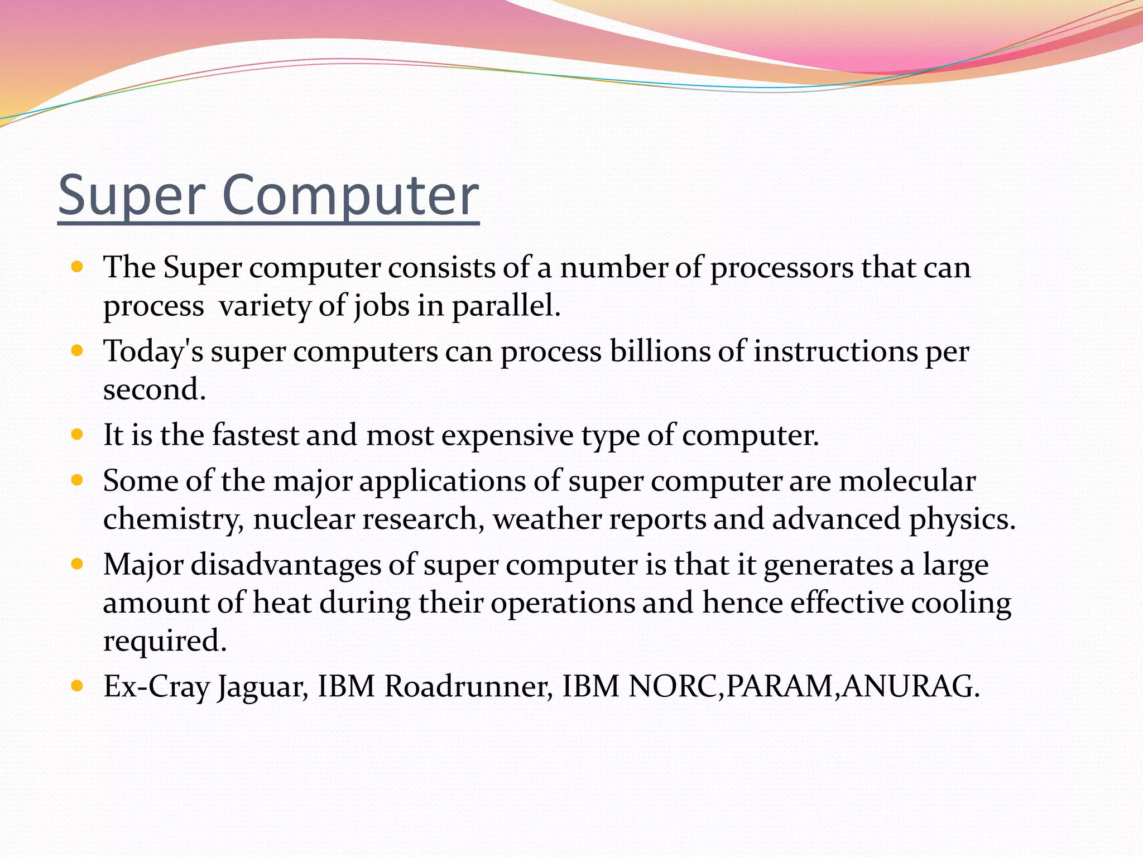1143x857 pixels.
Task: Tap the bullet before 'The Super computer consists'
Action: (78, 267)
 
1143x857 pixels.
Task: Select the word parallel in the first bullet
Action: (505, 306)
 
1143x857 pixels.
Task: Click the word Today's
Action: (153, 352)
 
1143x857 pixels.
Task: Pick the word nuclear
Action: (304, 519)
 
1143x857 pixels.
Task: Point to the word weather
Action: (546, 519)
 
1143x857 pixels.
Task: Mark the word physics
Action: (961, 519)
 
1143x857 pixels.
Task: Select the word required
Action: (164, 641)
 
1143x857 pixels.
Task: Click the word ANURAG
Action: (910, 686)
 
